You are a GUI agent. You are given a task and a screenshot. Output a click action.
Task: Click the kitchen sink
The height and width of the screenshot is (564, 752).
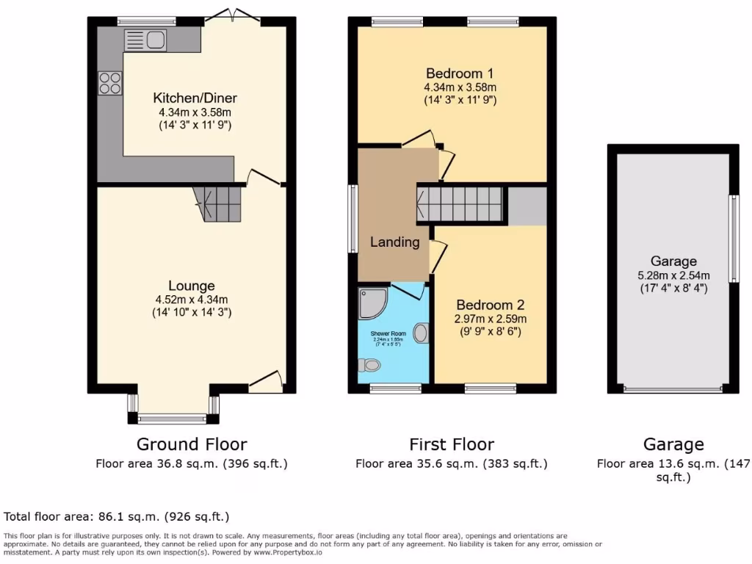(146, 40)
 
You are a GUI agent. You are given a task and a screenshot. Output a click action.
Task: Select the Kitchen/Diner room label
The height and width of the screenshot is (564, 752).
(195, 98)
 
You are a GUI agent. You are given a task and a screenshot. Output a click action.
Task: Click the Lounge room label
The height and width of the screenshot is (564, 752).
(192, 286)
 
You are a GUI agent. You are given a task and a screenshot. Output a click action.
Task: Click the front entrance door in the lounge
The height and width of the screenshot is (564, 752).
(266, 378)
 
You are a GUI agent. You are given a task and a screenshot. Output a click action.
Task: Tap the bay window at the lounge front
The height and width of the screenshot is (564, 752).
(173, 419)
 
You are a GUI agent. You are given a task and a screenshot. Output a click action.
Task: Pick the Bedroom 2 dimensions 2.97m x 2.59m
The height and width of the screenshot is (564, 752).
(490, 319)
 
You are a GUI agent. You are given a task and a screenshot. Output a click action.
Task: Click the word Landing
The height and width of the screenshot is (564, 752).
(394, 242)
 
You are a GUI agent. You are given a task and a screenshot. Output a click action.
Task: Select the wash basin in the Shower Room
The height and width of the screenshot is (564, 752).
(421, 333)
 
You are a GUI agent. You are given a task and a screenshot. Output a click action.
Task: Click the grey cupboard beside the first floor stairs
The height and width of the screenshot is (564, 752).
(527, 206)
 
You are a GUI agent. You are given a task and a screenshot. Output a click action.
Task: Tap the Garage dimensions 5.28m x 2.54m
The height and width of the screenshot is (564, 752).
(673, 275)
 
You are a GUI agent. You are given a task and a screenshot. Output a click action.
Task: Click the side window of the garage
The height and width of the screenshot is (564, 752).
(732, 239)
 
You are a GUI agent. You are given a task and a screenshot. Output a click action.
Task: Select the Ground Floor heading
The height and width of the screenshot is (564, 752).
(192, 444)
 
